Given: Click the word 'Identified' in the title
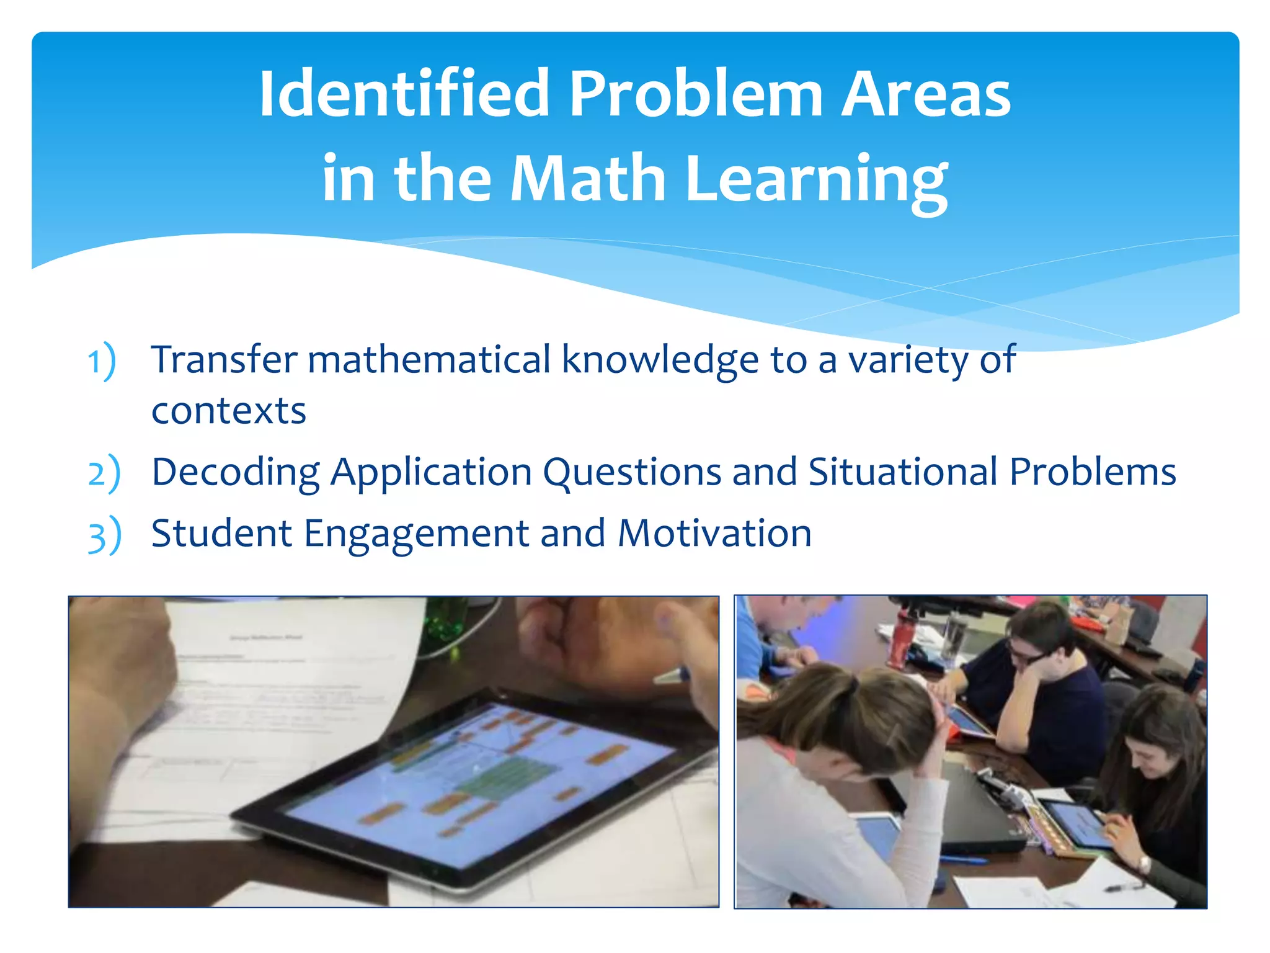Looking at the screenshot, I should pyautogui.click(x=404, y=94).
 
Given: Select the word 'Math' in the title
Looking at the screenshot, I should pyautogui.click(x=587, y=179).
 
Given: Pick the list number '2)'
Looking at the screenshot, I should pyautogui.click(x=104, y=473).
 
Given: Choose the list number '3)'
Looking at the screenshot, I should pyautogui.click(x=104, y=535).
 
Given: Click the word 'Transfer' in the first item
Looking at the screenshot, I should pyautogui.click(x=224, y=359).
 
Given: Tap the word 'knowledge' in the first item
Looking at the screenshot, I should pyautogui.click(x=660, y=360).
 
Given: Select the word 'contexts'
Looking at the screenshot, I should pyautogui.click(x=229, y=411).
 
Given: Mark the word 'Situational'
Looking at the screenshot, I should pyautogui.click(x=903, y=472).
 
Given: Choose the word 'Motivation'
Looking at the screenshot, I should pyautogui.click(x=714, y=534).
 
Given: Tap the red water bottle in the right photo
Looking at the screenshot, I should pyautogui.click(x=899, y=639).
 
